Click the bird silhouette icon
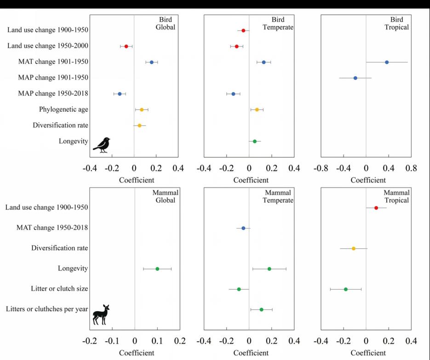pyautogui.click(x=102, y=144)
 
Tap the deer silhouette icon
pyautogui.click(x=101, y=315)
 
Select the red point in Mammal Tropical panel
pyautogui.click(x=376, y=208)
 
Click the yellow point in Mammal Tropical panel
pyautogui.click(x=354, y=248)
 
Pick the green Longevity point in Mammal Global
pyautogui.click(x=157, y=269)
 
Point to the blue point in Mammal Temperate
pyautogui.click(x=243, y=228)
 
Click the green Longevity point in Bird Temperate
pyautogui.click(x=255, y=141)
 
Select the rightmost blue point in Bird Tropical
pyautogui.click(x=387, y=62)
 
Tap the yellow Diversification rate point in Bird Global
pyautogui.click(x=140, y=126)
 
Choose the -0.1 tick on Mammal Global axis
pyautogui.click(x=112, y=341)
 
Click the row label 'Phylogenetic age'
pyautogui.click(x=63, y=109)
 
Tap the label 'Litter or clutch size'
pyautogui.click(x=59, y=289)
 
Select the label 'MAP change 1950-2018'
pyautogui.click(x=53, y=94)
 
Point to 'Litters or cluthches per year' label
pyautogui.click(x=47, y=309)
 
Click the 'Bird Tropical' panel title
pyautogui.click(x=396, y=23)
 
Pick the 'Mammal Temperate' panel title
pyautogui.click(x=278, y=196)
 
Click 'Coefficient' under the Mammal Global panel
pyautogui.click(x=137, y=353)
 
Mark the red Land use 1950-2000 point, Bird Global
pyautogui.click(x=126, y=46)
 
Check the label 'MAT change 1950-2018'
pyautogui.click(x=52, y=228)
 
